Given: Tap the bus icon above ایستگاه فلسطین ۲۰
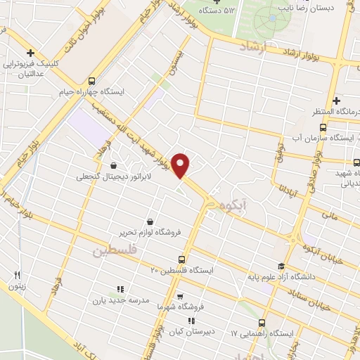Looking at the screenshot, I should coord(181,259).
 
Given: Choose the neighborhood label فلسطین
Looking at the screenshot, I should coord(112,250).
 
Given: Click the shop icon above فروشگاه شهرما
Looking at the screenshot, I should coord(181,297).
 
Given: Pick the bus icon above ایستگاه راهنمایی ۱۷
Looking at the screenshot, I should coord(262,321).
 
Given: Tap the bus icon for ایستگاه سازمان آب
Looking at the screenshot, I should coord(323,127).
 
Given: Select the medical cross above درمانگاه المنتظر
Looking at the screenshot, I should coord(336,101).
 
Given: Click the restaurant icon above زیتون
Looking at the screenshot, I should coord(18,275).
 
